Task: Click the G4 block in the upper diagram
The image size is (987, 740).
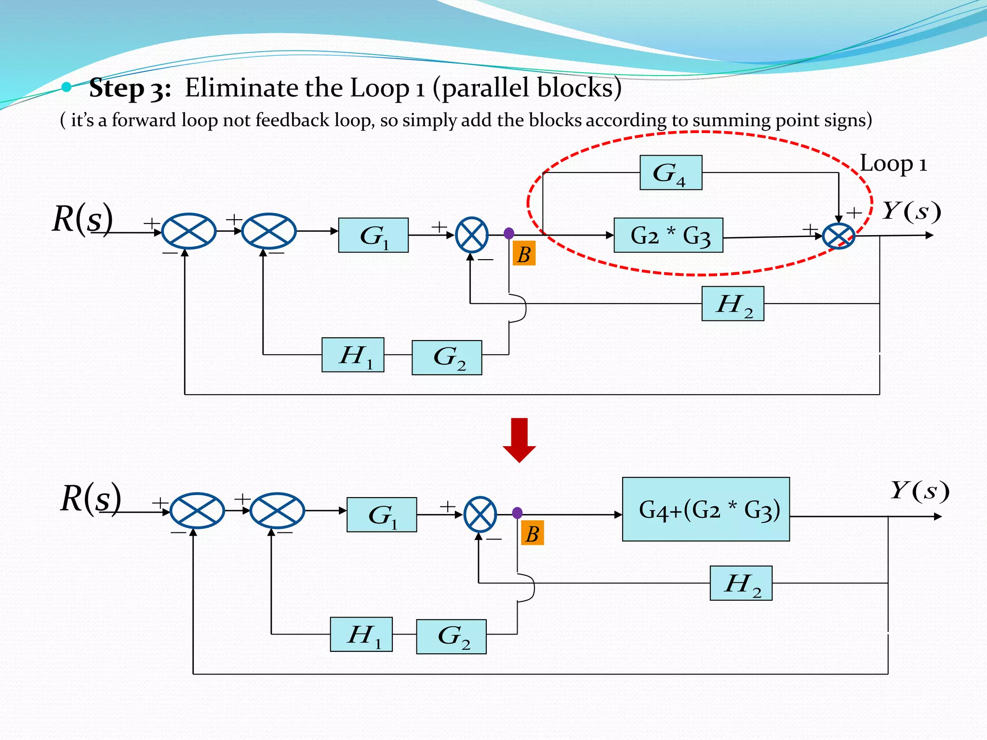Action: [x=670, y=172]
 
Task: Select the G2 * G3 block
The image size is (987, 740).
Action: [x=668, y=235]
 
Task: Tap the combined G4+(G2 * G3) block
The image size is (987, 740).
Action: [x=706, y=509]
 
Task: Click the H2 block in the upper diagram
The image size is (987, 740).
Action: [x=733, y=304]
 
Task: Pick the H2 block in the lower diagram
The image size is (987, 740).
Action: [x=741, y=583]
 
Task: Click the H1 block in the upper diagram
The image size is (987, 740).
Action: [x=353, y=355]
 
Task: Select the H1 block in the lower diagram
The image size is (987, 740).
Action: [x=361, y=634]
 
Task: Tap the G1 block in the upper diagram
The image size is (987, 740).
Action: [x=373, y=235]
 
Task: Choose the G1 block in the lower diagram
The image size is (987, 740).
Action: [x=381, y=515]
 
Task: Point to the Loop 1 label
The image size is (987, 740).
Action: [x=893, y=164]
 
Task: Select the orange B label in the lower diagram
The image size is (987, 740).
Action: [x=532, y=533]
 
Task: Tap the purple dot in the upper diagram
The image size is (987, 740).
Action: [x=508, y=234]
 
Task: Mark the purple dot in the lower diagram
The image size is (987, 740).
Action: [x=517, y=513]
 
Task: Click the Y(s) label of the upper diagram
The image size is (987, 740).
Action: [x=911, y=211]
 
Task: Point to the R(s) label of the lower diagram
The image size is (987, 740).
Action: [x=91, y=498]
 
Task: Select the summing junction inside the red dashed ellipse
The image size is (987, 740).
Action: [x=838, y=237]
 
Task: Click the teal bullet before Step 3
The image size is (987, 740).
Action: [x=67, y=87]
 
